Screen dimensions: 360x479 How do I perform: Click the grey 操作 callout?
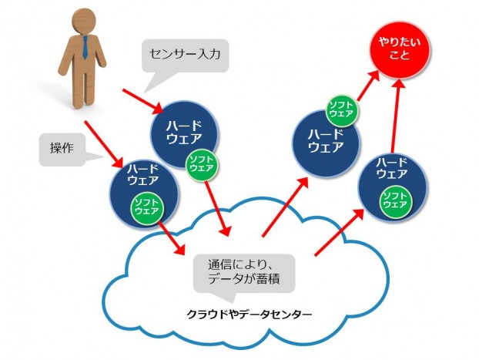click(62, 147)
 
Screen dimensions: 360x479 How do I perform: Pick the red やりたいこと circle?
click(398, 49)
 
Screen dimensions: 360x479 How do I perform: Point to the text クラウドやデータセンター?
click(250, 315)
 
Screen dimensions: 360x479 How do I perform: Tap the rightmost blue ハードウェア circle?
click(393, 185)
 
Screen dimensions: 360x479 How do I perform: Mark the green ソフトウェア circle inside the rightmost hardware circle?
click(395, 199)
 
